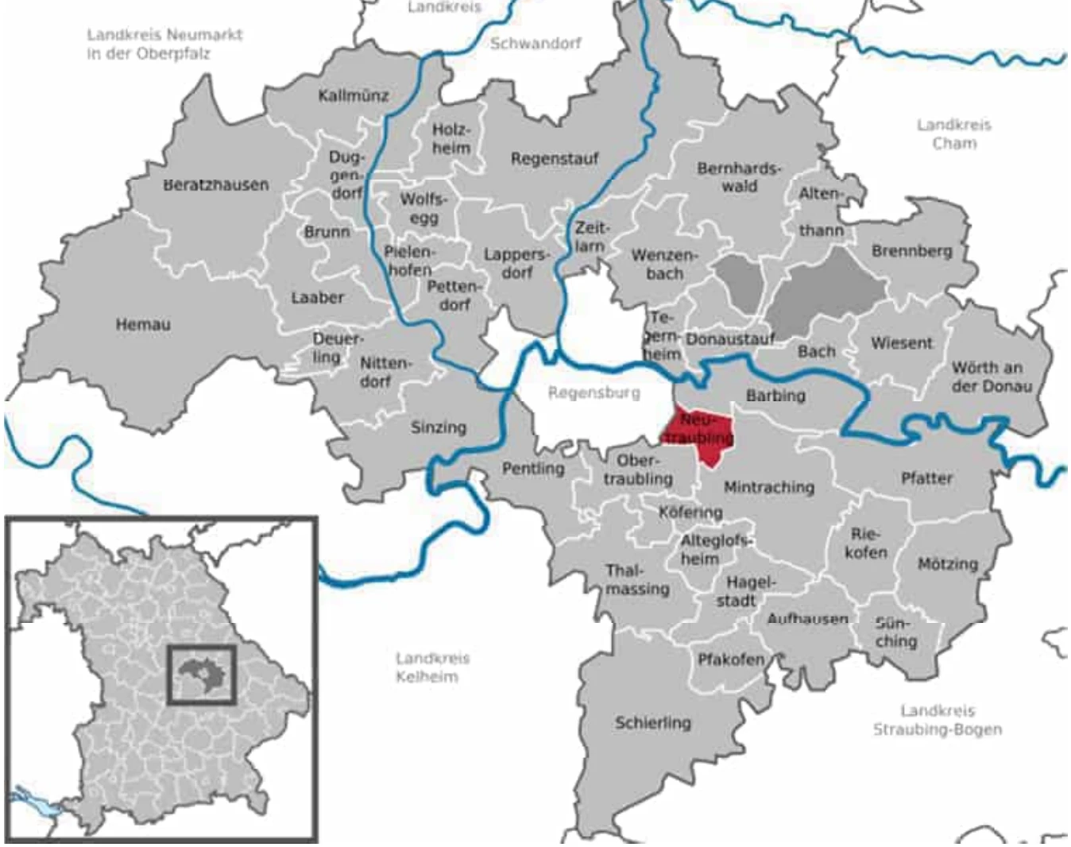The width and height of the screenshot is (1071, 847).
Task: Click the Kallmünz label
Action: [354, 96]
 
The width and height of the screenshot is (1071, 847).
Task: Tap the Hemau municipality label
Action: [143, 324]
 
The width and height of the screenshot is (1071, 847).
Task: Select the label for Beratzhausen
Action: [216, 184]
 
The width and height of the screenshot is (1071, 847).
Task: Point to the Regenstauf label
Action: [554, 159]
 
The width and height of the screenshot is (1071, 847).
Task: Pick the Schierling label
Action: [652, 723]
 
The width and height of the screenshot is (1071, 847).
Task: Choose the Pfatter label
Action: [926, 478]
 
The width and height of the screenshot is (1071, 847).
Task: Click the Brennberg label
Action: [911, 251]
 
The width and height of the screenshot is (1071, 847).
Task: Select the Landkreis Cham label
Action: [954, 134]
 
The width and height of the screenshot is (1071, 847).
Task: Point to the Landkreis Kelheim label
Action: [431, 667]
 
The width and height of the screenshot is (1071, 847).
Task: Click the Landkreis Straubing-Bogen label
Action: [938, 720]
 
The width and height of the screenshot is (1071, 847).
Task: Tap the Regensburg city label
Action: [593, 393]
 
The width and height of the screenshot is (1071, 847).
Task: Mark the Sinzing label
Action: [438, 427]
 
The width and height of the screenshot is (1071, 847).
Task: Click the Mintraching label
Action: [769, 487]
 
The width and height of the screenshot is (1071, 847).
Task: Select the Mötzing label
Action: [947, 564]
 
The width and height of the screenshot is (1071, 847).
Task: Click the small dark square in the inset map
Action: [202, 675]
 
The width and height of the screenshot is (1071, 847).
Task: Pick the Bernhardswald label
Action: [739, 177]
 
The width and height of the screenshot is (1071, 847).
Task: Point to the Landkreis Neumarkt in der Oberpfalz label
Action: [164, 44]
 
